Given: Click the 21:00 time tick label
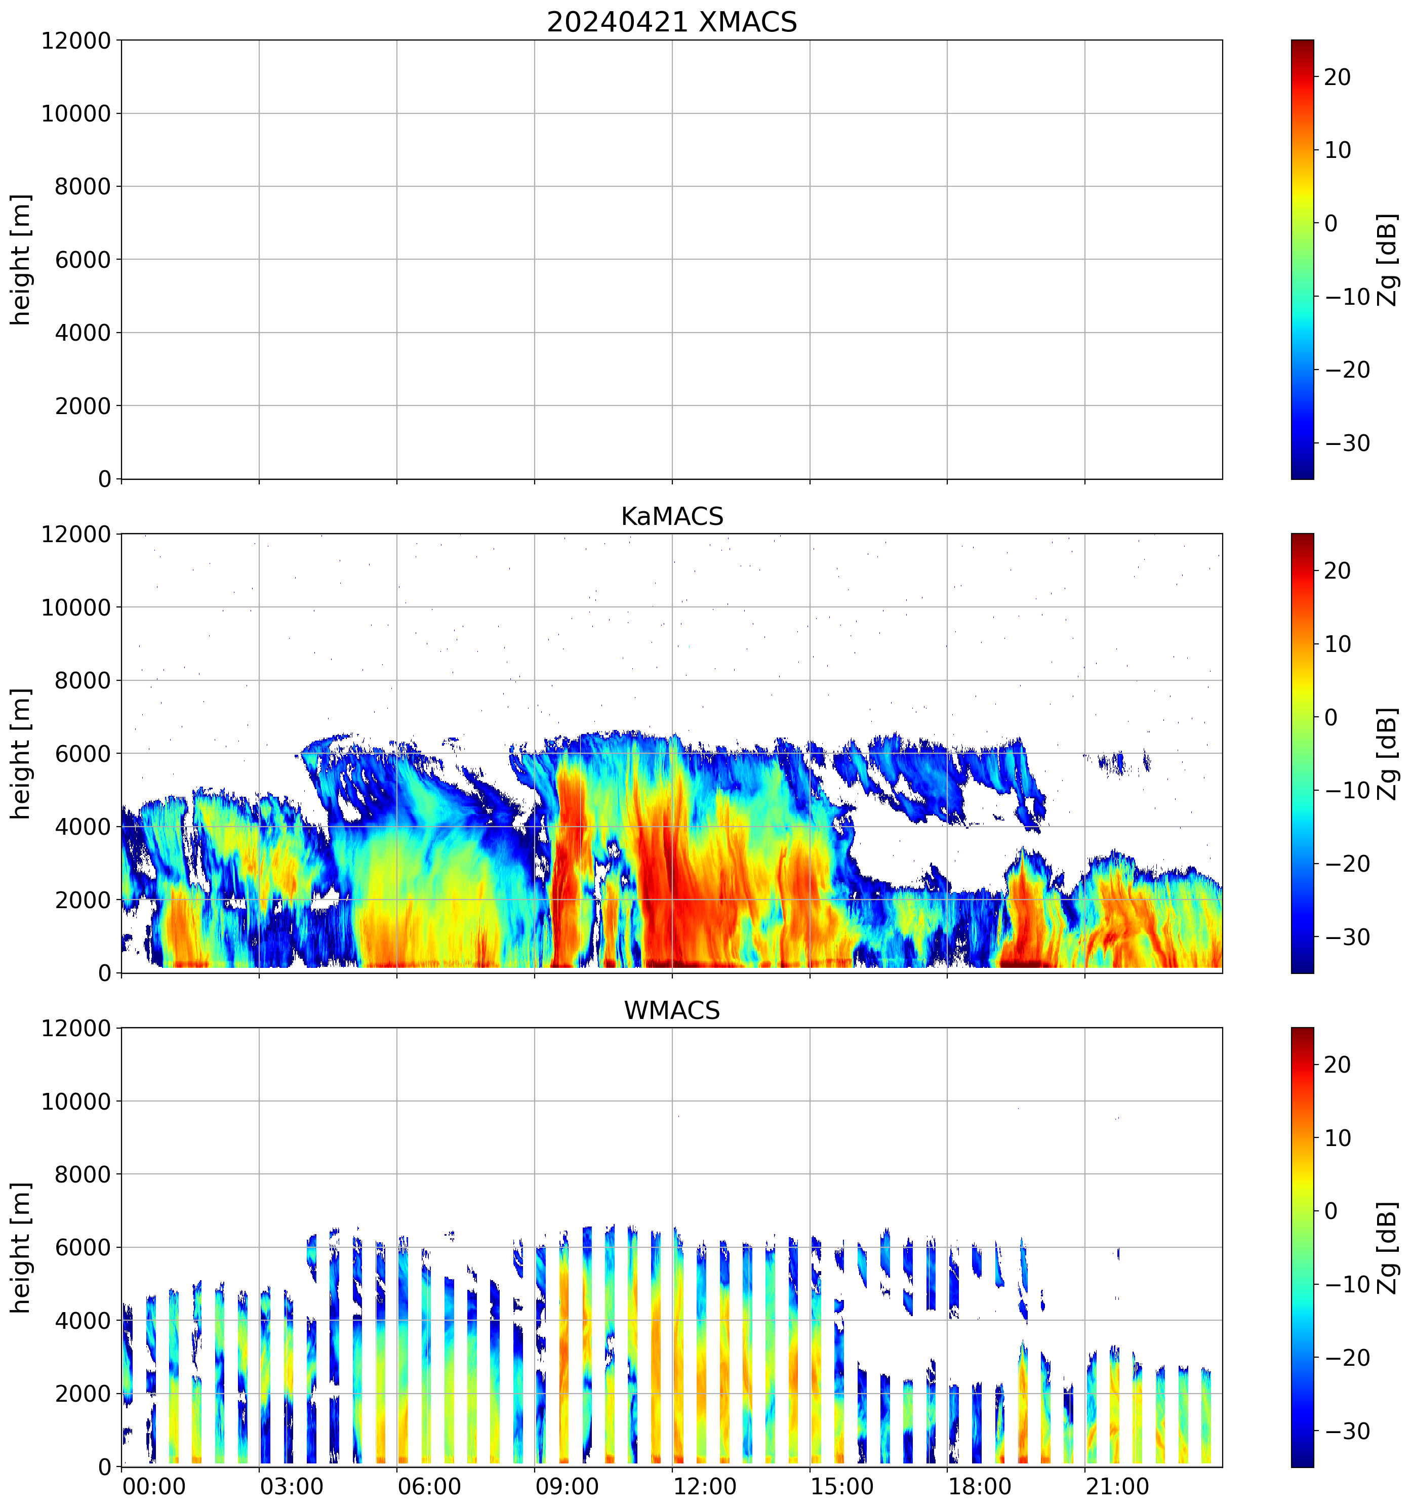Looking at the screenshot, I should [1116, 1486].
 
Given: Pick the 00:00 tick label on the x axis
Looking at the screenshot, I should [154, 1486].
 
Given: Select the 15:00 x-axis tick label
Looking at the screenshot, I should [842, 1486].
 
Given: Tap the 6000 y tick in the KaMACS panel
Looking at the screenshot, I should [83, 754].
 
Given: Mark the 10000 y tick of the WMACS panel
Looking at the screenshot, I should [76, 1102].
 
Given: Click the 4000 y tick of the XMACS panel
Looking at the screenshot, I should [83, 333].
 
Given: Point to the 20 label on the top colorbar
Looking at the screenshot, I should [1338, 77].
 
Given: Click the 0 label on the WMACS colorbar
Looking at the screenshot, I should [1331, 1211].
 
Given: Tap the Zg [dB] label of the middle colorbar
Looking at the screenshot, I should [1387, 753].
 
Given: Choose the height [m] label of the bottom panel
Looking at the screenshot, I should [21, 1247].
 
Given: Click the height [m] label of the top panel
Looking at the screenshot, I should [21, 260].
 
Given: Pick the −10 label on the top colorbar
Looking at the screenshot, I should [1347, 297].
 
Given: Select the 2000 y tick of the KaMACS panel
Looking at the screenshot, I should [83, 900].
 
